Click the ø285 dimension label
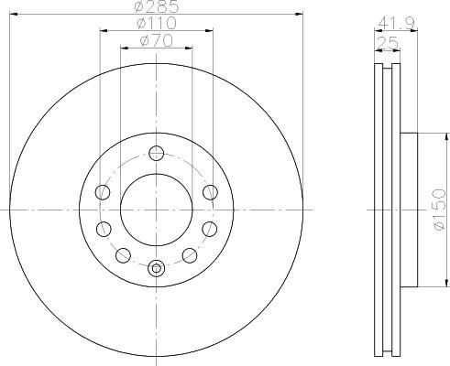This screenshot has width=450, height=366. click(x=156, y=6)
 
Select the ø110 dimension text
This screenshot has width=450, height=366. click(x=157, y=23)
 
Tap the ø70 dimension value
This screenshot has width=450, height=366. click(x=156, y=40)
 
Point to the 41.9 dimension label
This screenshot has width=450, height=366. click(x=396, y=23)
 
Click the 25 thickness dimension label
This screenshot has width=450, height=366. click(x=388, y=43)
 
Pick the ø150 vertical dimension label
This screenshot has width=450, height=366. click(x=439, y=210)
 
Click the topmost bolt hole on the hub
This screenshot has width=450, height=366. click(x=157, y=154)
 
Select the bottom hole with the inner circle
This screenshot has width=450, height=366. click(x=157, y=268)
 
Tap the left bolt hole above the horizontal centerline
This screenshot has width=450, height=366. click(x=103, y=192)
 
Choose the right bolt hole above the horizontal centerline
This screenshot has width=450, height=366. click(x=211, y=192)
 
